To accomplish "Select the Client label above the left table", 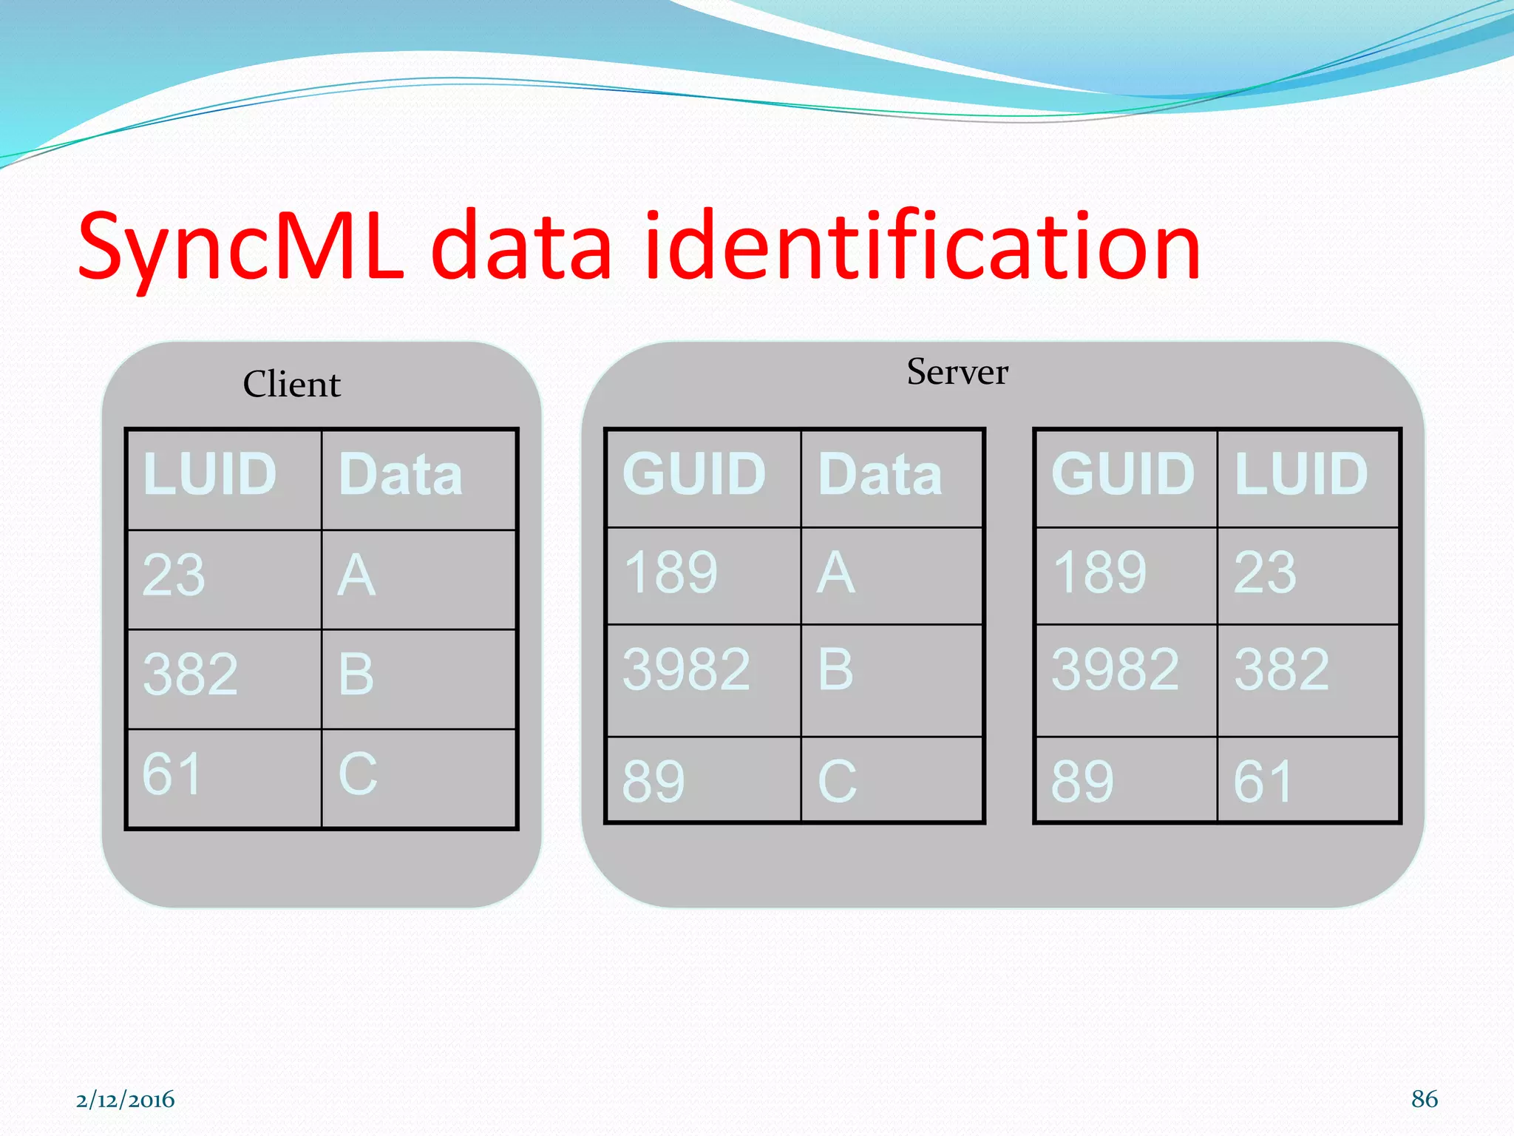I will (292, 385).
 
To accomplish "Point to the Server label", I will (957, 371).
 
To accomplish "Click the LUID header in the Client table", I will (210, 474).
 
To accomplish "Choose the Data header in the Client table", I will (401, 474).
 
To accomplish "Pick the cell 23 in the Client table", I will (174, 575).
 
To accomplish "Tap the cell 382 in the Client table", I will (190, 674).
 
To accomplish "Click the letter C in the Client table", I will (358, 774).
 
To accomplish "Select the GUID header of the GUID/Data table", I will (694, 474).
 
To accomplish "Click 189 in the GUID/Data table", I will (671, 572).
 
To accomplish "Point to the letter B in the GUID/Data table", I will (835, 669).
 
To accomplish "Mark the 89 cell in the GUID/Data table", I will (654, 782).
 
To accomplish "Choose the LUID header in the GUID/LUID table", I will (1301, 474).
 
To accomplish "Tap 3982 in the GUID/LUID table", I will (1115, 669).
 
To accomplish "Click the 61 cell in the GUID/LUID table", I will (1263, 782).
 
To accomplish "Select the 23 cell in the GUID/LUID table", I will (1265, 572).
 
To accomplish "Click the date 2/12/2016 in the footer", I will (125, 1100).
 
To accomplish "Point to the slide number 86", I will (1424, 1099).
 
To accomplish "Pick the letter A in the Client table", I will (357, 575).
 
